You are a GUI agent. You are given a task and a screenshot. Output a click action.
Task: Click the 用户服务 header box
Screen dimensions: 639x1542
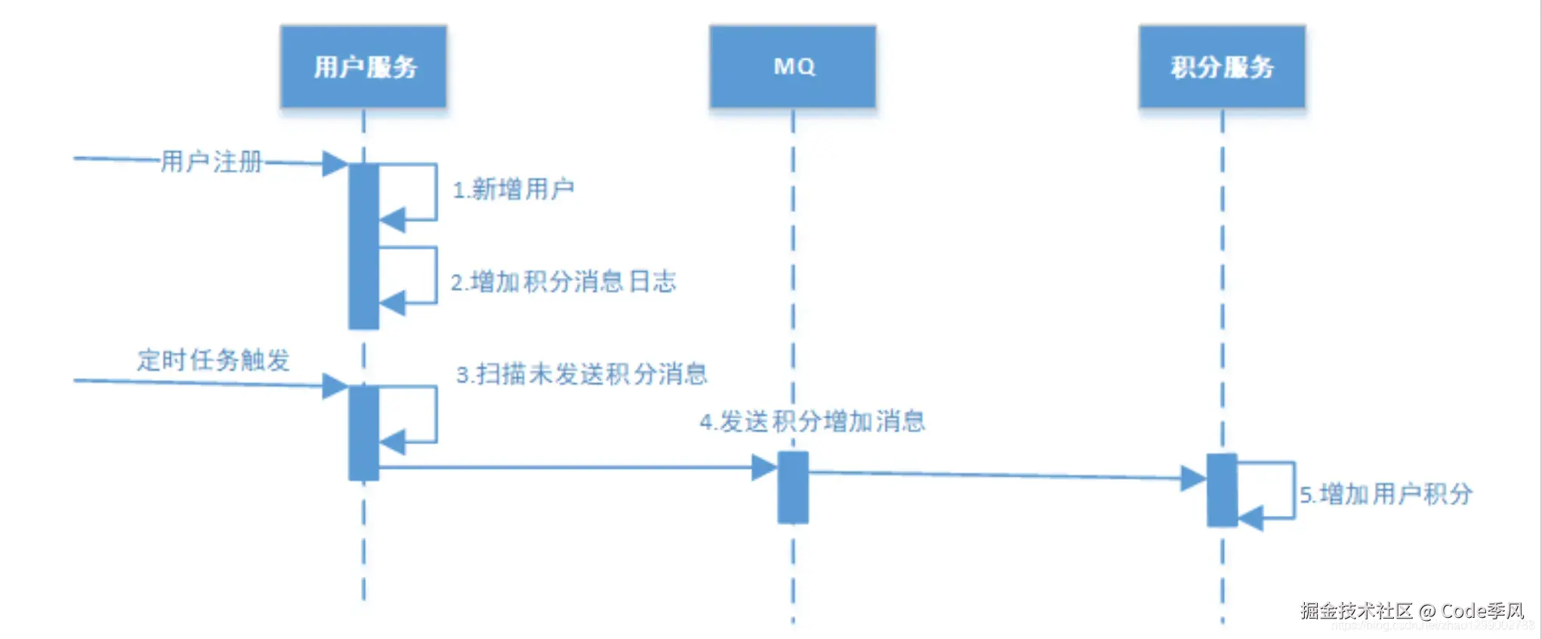click(x=363, y=66)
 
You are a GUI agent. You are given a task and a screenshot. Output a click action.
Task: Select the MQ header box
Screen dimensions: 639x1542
click(x=793, y=66)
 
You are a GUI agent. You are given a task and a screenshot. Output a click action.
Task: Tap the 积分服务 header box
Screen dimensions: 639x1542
click(x=1222, y=66)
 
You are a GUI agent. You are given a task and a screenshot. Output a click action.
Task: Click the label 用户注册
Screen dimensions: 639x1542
click(x=211, y=162)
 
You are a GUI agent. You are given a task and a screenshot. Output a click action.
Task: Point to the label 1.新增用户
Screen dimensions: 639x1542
click(x=513, y=189)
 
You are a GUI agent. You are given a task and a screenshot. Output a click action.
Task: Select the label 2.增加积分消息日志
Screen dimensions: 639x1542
click(x=563, y=282)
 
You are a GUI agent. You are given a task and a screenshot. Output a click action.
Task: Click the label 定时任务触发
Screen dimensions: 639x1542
click(x=214, y=360)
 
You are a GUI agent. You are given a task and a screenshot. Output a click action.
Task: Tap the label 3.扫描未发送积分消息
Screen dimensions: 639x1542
click(x=581, y=374)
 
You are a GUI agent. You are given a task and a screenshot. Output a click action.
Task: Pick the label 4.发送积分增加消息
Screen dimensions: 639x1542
click(x=813, y=421)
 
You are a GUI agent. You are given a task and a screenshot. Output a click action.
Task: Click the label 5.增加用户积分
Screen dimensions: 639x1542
click(x=1386, y=494)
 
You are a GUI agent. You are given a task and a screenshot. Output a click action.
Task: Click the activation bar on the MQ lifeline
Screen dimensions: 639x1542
click(x=793, y=487)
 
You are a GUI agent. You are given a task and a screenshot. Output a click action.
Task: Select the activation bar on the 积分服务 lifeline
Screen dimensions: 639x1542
click(x=1222, y=489)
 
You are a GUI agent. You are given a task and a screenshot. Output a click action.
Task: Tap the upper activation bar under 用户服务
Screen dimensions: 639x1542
click(x=363, y=246)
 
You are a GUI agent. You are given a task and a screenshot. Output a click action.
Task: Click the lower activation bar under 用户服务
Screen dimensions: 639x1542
click(x=363, y=432)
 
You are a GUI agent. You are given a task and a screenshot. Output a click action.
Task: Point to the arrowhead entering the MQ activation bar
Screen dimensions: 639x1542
click(x=764, y=468)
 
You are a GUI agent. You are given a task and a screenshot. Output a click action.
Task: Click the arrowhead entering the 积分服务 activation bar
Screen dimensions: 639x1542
click(x=1193, y=478)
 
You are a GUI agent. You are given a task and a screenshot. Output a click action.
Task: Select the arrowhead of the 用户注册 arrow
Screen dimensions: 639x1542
click(x=335, y=163)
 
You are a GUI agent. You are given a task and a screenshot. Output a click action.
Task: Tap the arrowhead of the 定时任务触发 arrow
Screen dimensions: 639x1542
click(x=335, y=386)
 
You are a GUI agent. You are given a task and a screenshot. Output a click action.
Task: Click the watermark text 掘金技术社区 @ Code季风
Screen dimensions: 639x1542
click(x=1412, y=610)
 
